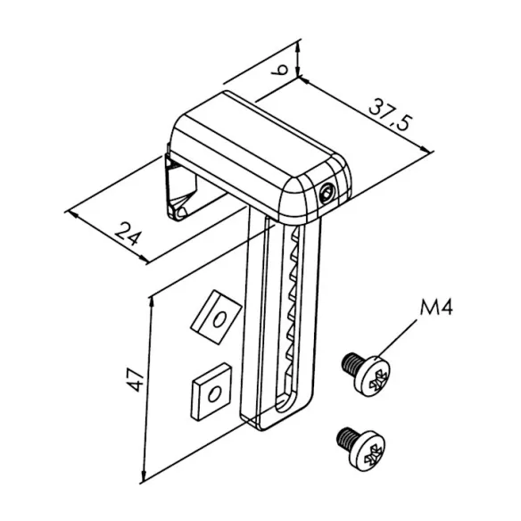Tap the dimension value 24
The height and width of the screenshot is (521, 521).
[128, 233]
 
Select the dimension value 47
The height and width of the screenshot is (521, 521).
[136, 379]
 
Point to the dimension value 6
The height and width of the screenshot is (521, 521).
[280, 70]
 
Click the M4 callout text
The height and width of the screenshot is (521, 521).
[436, 307]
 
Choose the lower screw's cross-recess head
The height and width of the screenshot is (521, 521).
[368, 451]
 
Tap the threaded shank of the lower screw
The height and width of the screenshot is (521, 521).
[345, 438]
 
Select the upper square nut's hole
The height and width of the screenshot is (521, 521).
[219, 319]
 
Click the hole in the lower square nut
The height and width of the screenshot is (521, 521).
[213, 394]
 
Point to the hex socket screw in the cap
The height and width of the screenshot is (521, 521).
[326, 194]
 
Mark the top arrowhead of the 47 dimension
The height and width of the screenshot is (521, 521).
[152, 302]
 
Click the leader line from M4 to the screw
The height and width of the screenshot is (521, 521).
[397, 339]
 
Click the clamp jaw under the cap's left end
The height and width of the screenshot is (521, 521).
[180, 190]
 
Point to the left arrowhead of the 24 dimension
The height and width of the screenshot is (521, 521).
[73, 214]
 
